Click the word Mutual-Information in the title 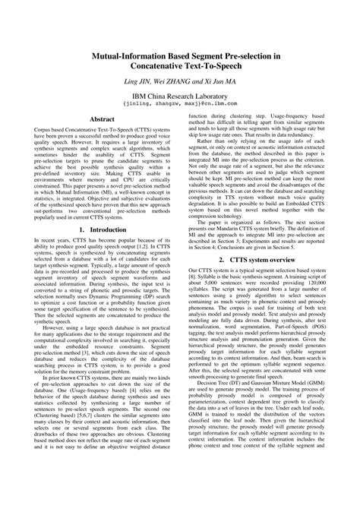tap(126, 56)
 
